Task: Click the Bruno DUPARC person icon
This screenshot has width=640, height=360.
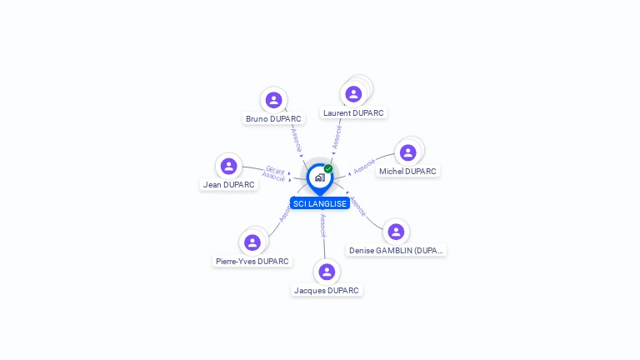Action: point(273,100)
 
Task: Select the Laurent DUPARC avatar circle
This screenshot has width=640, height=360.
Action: point(353,94)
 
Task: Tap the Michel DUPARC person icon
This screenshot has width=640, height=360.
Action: point(407,152)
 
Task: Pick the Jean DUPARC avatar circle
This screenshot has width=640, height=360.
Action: point(229,166)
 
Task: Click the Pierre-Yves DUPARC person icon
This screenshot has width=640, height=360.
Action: point(252,242)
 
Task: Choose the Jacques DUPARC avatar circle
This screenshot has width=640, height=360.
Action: point(327,272)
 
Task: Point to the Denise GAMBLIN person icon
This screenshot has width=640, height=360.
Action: point(396,232)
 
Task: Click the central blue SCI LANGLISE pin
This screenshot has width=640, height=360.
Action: point(319,177)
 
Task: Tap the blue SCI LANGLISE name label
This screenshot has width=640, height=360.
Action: point(320,204)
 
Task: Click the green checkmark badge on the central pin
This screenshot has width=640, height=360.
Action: point(328,168)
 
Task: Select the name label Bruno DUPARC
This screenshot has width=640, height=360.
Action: point(273,119)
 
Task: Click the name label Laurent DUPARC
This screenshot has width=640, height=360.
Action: point(353,112)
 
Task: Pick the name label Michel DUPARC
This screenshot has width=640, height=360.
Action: point(407,172)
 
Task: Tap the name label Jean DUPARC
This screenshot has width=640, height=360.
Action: point(229,185)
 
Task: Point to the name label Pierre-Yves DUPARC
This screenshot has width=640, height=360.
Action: point(252,262)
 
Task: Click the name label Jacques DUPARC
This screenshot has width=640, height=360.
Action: point(327,291)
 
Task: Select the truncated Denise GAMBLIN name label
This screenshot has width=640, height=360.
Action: point(397,251)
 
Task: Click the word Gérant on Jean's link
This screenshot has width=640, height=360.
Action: point(275,170)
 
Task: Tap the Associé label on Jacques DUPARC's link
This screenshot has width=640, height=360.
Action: point(323,225)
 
